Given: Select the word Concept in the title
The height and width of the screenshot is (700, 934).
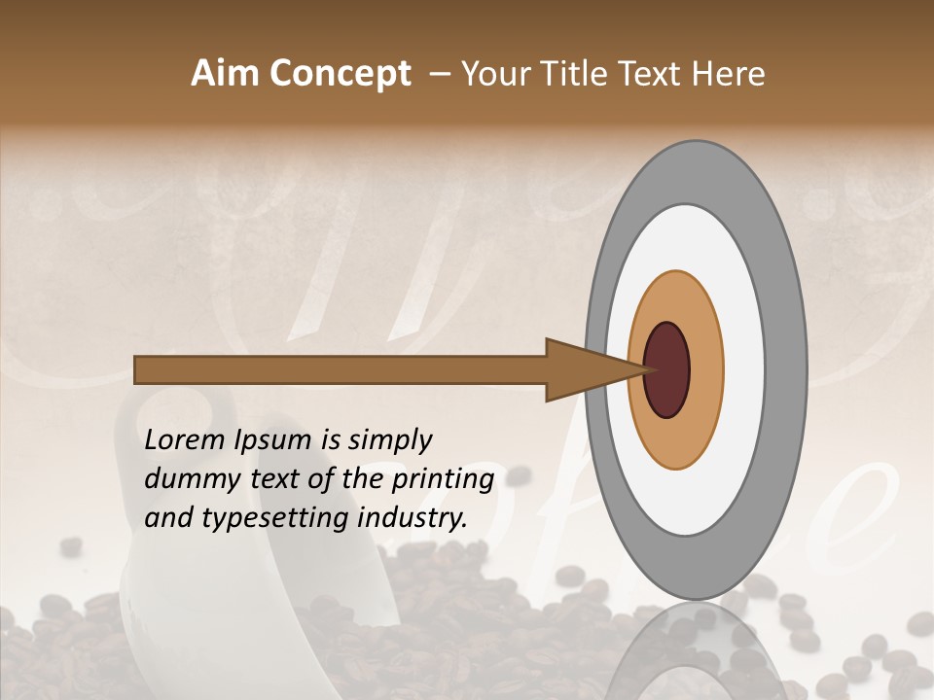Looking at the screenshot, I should (340, 74).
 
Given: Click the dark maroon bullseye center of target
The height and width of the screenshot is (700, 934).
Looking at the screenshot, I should (666, 370).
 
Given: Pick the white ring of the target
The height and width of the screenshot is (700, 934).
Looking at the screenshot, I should (743, 370).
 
